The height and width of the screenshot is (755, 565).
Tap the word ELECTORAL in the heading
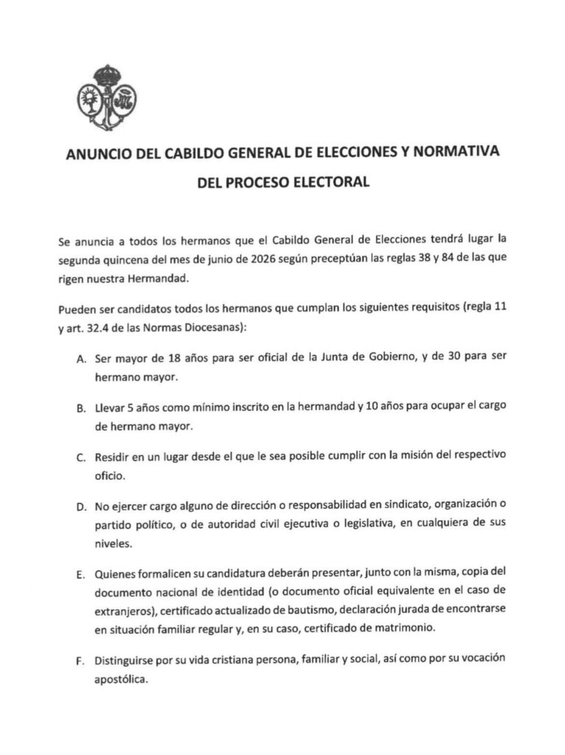coord(331,180)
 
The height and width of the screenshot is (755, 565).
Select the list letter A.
coord(80,359)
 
